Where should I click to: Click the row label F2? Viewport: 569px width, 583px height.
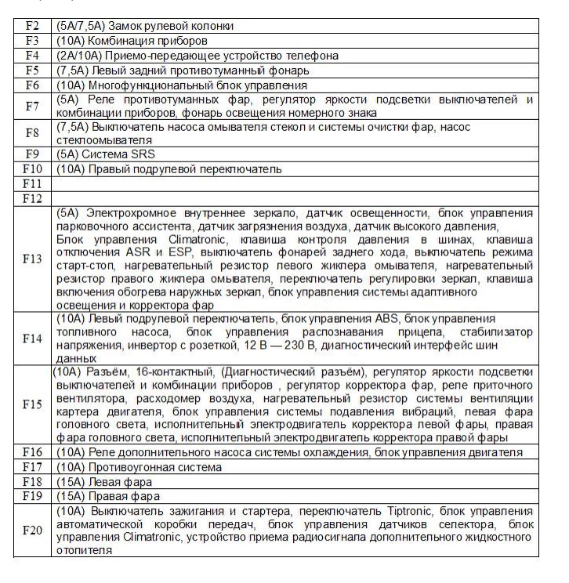[x=32, y=26]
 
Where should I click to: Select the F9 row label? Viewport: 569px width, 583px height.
[x=32, y=154]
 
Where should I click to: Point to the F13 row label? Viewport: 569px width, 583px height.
[x=32, y=259]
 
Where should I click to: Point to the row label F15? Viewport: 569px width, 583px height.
[x=32, y=405]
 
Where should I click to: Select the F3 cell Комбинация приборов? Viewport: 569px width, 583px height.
[x=132, y=41]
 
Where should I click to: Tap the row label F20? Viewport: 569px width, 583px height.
[x=32, y=530]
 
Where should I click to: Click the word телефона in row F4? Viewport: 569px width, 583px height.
[x=313, y=56]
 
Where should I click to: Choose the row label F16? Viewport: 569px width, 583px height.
[x=32, y=452]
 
